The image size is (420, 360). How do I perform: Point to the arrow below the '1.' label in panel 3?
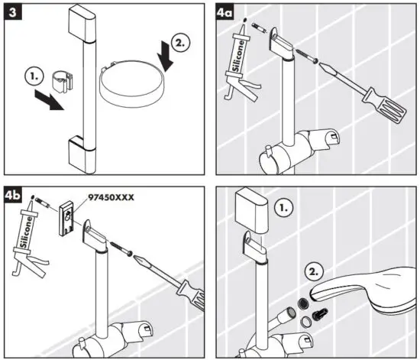point(51,101)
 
